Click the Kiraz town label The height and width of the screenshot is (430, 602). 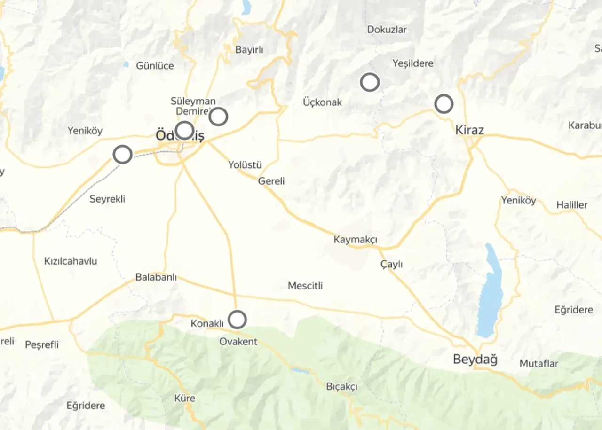click(x=469, y=130)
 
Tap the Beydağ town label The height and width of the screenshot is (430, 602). click(x=475, y=360)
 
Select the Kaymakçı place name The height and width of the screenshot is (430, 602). click(x=356, y=240)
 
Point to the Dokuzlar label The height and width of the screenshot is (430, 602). click(x=387, y=30)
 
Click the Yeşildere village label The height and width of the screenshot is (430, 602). click(x=412, y=63)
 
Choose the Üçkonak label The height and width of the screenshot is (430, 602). click(x=322, y=102)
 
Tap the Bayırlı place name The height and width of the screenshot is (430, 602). click(x=249, y=50)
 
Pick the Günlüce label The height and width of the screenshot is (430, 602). click(x=155, y=66)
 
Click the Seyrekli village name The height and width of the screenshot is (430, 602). click(x=107, y=199)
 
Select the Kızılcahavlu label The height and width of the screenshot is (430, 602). click(x=71, y=261)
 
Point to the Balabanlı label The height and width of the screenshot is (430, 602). click(x=156, y=277)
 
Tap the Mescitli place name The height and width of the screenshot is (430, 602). click(x=305, y=286)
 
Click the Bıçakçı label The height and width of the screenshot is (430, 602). click(x=342, y=387)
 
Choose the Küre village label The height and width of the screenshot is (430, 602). click(x=184, y=398)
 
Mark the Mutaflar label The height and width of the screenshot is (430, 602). click(x=539, y=363)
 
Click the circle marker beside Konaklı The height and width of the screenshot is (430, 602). click(x=238, y=320)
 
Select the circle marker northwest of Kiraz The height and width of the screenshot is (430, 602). click(x=444, y=104)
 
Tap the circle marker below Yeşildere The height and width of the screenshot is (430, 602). click(x=370, y=82)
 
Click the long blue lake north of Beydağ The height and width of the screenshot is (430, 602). click(x=490, y=291)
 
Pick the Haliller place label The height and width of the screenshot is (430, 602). click(x=572, y=205)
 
